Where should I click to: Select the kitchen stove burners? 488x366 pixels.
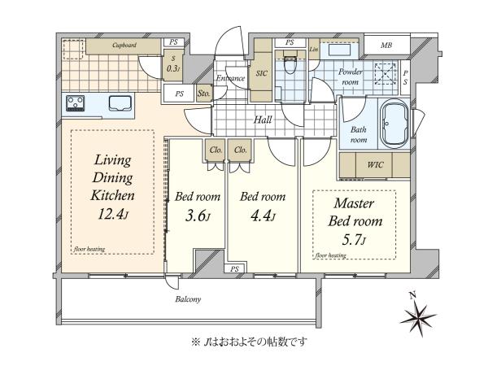[76, 103]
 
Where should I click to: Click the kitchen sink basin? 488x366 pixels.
[120, 103]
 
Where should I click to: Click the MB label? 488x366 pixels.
[386, 46]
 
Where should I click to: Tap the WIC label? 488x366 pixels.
[375, 164]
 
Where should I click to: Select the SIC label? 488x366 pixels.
[261, 73]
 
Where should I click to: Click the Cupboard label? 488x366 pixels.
[124, 45]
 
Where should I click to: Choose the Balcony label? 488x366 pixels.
[188, 299]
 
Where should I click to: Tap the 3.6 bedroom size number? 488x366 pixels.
[198, 216]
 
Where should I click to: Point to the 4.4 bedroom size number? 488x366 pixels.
[263, 216]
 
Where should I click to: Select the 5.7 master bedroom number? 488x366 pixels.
[354, 240]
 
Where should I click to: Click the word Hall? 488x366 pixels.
[263, 120]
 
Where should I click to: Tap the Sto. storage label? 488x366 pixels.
[204, 93]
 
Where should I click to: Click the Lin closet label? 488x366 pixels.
[314, 49]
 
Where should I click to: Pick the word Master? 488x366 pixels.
[354, 203]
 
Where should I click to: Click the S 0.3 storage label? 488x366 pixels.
[173, 63]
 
